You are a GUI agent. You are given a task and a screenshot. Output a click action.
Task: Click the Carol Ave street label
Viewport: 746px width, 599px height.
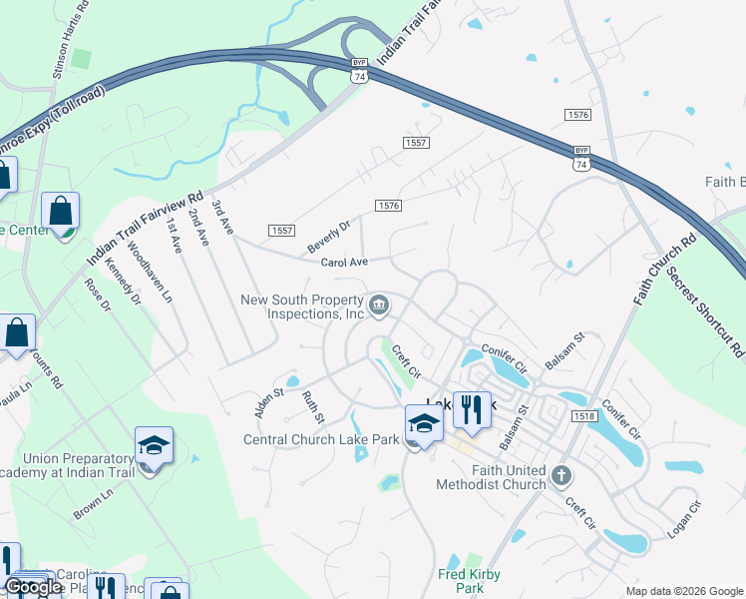tap(345, 263)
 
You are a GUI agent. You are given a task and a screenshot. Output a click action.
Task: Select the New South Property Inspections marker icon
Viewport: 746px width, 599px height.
tap(379, 305)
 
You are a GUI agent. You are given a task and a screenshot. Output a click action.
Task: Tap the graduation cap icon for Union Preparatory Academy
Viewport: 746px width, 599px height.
tap(155, 445)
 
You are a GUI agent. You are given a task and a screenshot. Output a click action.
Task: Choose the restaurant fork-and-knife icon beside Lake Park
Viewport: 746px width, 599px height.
tap(472, 408)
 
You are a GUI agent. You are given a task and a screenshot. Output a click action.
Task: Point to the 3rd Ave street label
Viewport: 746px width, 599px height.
tap(222, 217)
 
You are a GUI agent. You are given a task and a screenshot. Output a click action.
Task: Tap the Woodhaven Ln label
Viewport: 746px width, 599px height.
tap(150, 277)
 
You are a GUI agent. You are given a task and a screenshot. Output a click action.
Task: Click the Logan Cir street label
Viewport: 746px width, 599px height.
tap(685, 520)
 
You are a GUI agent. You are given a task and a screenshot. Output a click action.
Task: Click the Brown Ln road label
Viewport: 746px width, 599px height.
tap(94, 504)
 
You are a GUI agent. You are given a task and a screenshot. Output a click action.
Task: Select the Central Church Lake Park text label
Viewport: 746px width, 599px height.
tap(322, 439)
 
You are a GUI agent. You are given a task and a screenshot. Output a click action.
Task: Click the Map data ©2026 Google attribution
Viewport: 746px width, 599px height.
tap(684, 590)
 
